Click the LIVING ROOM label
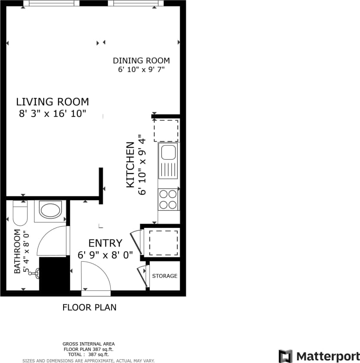point(52,102)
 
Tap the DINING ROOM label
point(141,60)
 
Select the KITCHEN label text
point(130,164)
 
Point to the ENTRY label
point(105,243)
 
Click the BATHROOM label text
point(17,251)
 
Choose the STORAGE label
point(164,276)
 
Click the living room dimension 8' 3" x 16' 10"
point(52,114)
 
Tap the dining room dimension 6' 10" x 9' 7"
point(141,69)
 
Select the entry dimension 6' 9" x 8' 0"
point(105,255)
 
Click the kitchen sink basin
point(167,152)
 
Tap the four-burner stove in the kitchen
point(168,199)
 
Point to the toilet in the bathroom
point(20,213)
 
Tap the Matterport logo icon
point(285,356)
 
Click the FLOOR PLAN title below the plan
point(89,308)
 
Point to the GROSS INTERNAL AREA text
point(89,344)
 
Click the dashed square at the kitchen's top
point(166,131)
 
